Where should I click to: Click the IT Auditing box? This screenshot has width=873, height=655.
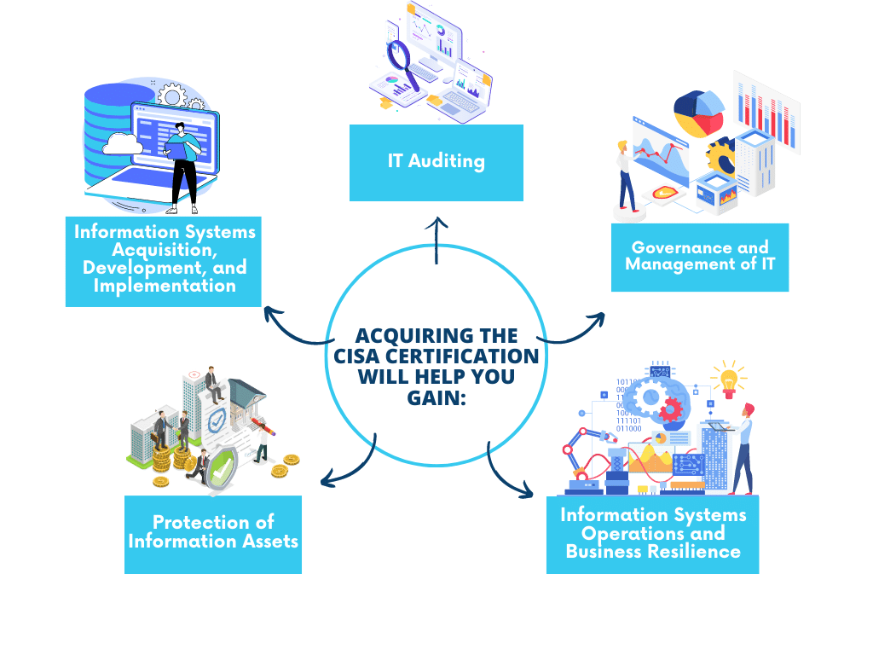pos(436,162)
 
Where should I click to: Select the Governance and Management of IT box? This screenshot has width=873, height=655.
pos(700,257)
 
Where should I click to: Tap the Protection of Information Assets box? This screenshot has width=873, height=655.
pos(213,534)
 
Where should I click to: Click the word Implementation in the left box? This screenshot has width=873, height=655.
pos(165,286)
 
